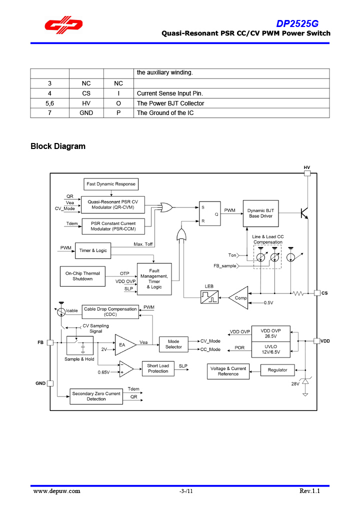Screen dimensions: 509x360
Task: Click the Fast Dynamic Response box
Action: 110,184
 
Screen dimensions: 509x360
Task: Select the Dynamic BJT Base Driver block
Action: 260,213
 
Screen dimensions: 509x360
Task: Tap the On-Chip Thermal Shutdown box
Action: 82,276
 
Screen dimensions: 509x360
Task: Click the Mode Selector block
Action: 173,344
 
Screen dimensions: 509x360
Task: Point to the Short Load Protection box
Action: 157,368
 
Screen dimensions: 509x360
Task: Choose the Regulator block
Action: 277,370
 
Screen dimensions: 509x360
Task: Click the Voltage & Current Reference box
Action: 228,371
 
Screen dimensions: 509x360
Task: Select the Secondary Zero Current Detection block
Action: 96,396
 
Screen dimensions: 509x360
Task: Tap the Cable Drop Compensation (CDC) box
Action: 110,311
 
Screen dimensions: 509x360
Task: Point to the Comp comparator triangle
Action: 239,297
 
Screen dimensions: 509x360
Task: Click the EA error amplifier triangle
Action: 124,344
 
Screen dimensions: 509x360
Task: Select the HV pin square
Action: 307,173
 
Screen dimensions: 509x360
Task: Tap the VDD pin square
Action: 316,341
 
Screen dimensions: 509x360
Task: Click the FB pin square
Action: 50,342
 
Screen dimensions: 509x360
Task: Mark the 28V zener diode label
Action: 295,383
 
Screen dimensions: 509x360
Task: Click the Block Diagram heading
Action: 58,146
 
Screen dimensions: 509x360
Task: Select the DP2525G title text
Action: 297,23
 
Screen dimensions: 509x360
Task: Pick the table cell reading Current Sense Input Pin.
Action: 170,93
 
